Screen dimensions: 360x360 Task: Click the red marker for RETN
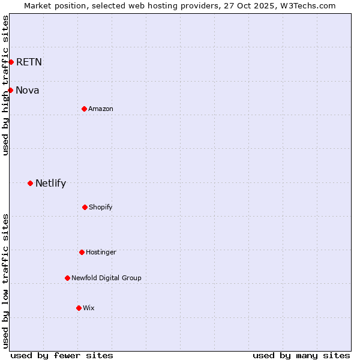[x=11, y=62]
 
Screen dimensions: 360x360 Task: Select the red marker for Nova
[x=10, y=90]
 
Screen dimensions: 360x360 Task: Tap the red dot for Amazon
[x=84, y=109]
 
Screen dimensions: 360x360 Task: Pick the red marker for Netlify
[x=30, y=183]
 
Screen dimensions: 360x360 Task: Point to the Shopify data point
[x=85, y=207]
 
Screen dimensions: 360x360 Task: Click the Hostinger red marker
[x=82, y=252]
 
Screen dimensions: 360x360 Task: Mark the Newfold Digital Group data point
[x=67, y=278]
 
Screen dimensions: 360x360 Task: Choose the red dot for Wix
[x=79, y=308]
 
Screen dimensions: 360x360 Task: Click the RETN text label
[x=29, y=62]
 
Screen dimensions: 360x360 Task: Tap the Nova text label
[x=28, y=90]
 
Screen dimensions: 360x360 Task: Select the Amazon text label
[x=101, y=109]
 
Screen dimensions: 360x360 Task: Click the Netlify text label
[x=50, y=183]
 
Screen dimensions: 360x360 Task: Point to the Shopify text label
[x=101, y=207]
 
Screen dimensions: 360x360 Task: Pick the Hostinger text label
[x=101, y=252]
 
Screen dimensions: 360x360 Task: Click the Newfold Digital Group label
[x=106, y=278]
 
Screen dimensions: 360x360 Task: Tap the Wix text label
[x=89, y=308]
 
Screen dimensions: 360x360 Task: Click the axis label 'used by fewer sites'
[x=62, y=355]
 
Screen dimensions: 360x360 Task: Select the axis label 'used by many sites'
[x=301, y=355]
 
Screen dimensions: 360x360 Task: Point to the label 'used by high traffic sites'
[x=5, y=85]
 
